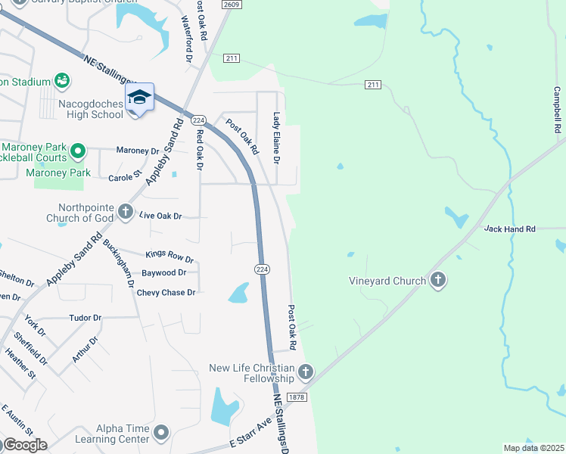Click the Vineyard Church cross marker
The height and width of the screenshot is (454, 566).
tap(437, 281)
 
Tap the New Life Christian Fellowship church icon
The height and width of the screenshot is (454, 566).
tap(305, 372)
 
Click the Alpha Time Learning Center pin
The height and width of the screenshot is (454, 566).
tap(160, 433)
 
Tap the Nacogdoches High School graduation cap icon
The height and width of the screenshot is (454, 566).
tap(139, 98)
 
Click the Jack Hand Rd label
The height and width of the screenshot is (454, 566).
tap(509, 229)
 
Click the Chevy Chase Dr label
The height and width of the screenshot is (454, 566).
tap(166, 292)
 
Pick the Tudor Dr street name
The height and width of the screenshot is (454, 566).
tap(85, 318)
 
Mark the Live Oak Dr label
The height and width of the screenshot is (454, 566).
tap(161, 216)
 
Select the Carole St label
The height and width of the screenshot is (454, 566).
tap(125, 176)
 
